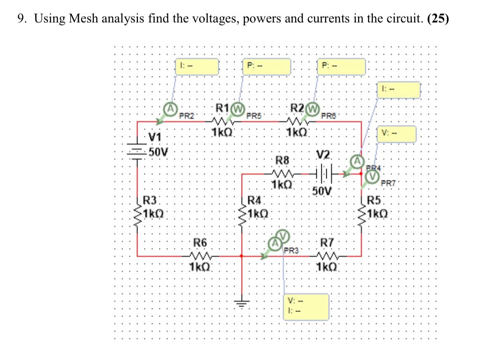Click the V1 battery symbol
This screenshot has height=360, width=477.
(x=137, y=152)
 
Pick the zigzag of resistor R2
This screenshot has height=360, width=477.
(x=296, y=121)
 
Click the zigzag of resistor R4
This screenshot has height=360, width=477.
(x=242, y=215)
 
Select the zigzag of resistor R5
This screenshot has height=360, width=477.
(x=362, y=215)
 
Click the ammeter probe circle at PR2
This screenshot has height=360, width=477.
(x=169, y=109)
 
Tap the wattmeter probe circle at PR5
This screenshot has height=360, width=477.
(x=237, y=110)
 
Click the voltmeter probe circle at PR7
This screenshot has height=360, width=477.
(x=373, y=177)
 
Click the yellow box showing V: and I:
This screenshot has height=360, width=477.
(x=307, y=306)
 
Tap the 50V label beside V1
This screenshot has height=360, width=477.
(x=158, y=151)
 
